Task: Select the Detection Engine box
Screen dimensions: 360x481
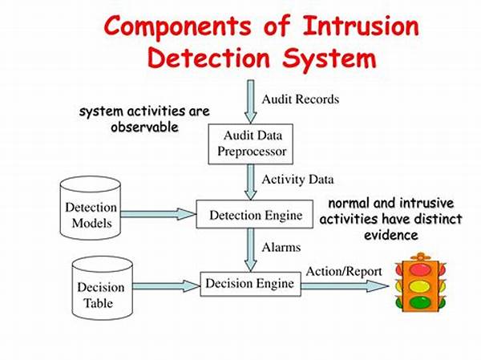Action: click(256, 214)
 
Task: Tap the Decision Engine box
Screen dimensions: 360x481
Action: click(250, 283)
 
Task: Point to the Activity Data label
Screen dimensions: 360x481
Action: click(297, 179)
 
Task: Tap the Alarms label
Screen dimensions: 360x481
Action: click(280, 248)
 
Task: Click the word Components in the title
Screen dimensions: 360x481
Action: click(180, 26)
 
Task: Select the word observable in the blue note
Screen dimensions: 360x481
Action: click(143, 127)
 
